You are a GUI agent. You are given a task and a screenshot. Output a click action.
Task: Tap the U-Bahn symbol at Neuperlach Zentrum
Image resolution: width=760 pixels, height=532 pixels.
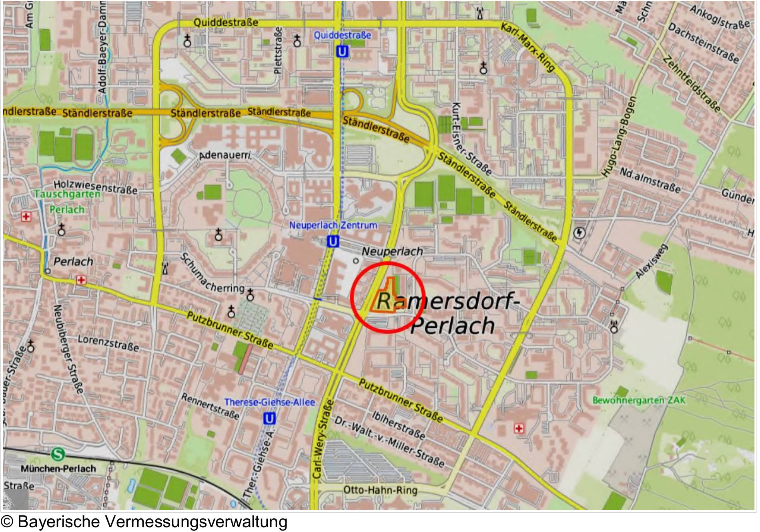[x=332, y=242]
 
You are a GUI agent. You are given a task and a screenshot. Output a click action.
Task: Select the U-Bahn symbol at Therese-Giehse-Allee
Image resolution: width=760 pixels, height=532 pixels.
[x=270, y=419]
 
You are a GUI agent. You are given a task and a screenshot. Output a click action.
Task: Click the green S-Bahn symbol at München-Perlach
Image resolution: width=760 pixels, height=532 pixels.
[x=58, y=454]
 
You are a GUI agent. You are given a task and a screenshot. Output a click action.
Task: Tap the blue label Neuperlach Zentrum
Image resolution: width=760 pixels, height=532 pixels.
[x=333, y=225]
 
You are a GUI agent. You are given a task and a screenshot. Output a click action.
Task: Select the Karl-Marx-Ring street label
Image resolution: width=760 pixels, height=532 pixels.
[x=528, y=47]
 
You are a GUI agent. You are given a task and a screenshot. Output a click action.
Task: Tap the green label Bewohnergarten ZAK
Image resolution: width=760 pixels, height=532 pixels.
[x=638, y=400]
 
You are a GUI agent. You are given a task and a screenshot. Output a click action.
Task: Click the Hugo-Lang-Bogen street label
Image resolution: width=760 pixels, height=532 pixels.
[x=619, y=137]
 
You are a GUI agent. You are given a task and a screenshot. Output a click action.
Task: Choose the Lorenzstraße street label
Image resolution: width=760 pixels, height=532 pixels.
[x=108, y=343]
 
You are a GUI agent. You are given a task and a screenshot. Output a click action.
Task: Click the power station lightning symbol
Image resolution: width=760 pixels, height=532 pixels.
[x=579, y=233]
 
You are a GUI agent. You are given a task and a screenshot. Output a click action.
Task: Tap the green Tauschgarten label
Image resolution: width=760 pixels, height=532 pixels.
[x=67, y=194]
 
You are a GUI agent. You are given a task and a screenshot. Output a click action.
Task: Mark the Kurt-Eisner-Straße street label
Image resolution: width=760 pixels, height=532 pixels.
[x=471, y=139]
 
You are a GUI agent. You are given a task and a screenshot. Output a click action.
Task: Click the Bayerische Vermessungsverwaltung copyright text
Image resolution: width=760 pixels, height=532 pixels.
[x=144, y=522]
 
